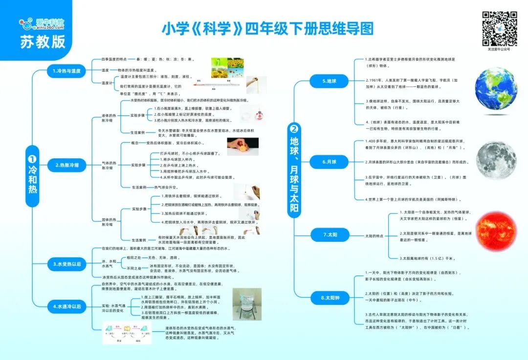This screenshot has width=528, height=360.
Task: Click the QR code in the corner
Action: (x=499, y=28)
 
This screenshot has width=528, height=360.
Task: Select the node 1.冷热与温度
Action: (x=66, y=71)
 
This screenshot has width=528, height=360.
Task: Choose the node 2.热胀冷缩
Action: (x=66, y=166)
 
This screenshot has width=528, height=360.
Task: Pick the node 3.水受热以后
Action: (x=66, y=264)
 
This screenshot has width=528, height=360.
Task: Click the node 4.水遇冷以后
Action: (x=66, y=307)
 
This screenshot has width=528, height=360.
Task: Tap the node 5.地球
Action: (x=330, y=81)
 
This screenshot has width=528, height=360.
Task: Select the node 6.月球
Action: (x=330, y=162)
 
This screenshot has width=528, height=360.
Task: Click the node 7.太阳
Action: (x=330, y=235)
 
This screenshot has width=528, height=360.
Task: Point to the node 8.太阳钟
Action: (x=330, y=296)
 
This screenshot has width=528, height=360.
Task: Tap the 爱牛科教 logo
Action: (x=43, y=23)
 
